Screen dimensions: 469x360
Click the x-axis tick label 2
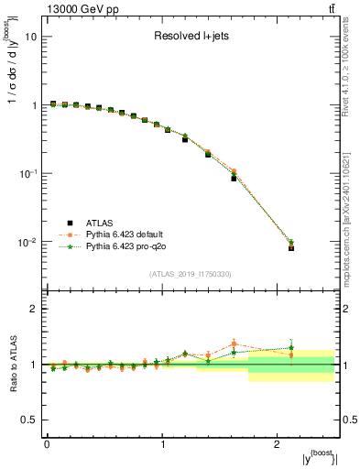click(x=278, y=443)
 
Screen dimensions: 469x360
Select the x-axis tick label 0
click(x=47, y=443)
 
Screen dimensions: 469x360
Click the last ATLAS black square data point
click(x=290, y=248)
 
